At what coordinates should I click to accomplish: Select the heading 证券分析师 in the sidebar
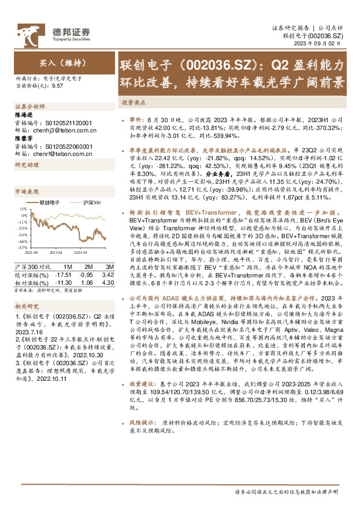pos(26,105)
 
